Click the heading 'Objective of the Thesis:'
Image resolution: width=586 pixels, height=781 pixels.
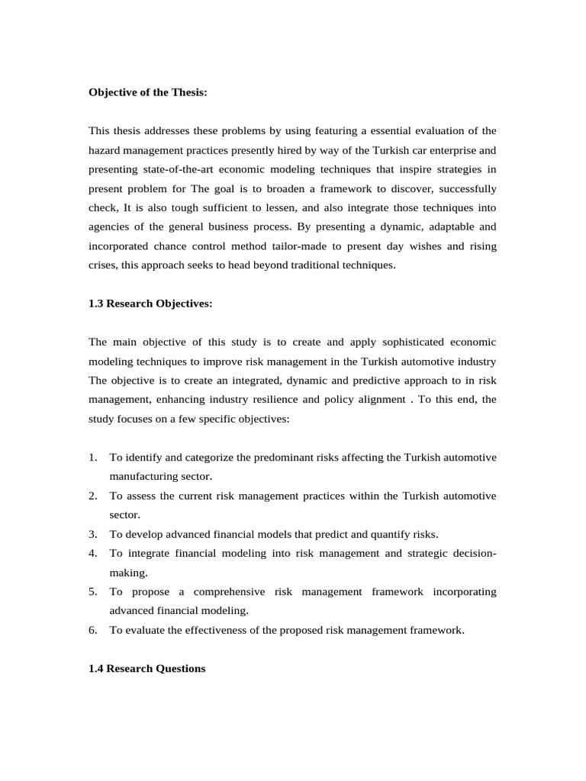pyautogui.click(x=148, y=92)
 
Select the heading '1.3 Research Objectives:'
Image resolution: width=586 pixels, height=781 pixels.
pyautogui.click(x=150, y=303)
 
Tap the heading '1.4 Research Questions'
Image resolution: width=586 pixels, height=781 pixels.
pyautogui.click(x=147, y=668)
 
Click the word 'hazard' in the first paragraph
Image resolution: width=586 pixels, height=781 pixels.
pyautogui.click(x=105, y=150)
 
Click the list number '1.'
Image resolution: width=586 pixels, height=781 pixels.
pyautogui.click(x=93, y=457)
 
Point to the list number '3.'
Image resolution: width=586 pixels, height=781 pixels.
pyautogui.click(x=93, y=534)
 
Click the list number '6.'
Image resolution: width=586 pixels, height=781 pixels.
pyautogui.click(x=93, y=630)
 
